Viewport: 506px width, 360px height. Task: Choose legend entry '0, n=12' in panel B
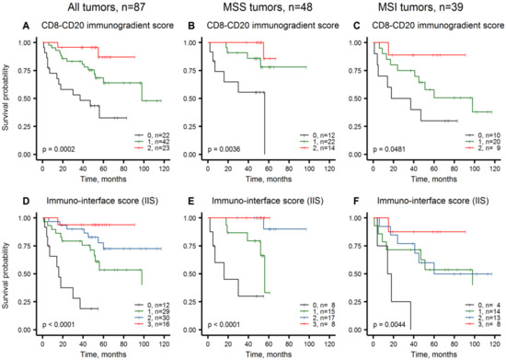tap(305, 134)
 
